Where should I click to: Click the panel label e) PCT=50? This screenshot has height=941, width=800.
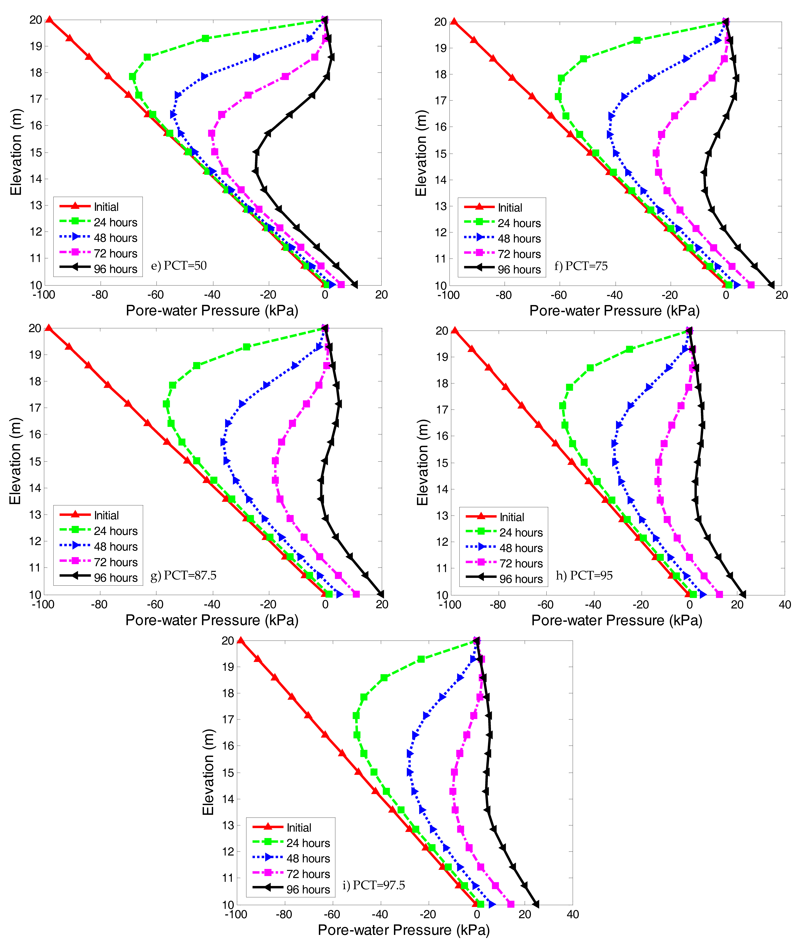(179, 265)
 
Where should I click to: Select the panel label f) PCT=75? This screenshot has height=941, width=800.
(581, 266)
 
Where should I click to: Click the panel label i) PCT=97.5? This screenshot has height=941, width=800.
(374, 885)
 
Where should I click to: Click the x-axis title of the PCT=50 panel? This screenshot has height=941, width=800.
(212, 311)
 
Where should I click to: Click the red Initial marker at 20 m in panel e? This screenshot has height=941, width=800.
(49, 20)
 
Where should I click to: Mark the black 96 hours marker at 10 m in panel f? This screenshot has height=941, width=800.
(771, 285)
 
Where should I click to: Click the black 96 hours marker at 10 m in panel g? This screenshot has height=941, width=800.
(381, 594)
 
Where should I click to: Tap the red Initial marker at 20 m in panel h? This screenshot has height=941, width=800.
(454, 331)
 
